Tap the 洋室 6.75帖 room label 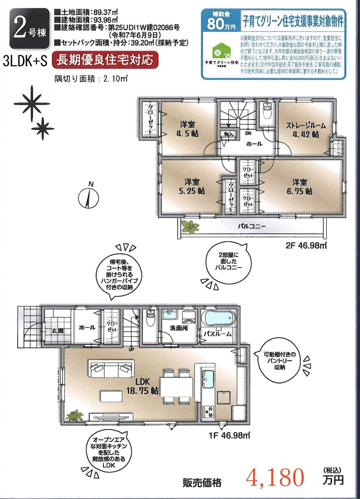click(299, 186)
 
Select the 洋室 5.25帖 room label click(192, 186)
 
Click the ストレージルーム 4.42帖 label click(306, 130)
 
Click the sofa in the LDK click(111, 370)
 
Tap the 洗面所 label click(179, 329)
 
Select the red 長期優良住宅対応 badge click(105, 59)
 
